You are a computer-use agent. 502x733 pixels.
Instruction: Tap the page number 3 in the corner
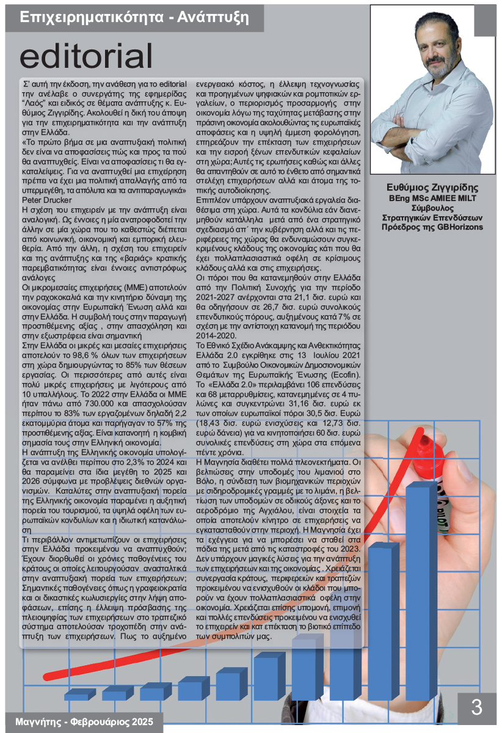pyautogui.click(x=477, y=707)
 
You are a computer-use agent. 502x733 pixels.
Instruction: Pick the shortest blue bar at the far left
pyautogui.click(x=76, y=695)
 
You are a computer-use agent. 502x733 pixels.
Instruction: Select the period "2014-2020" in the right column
pyautogui.click(x=216, y=335)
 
